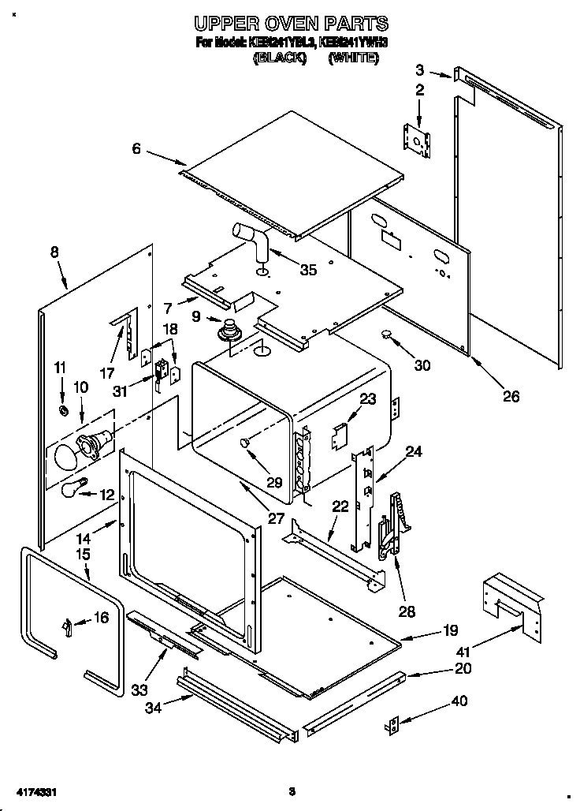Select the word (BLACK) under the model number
pos(279,58)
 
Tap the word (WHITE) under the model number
pos(353,58)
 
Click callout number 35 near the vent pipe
pos(308,270)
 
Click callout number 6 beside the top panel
pos(136,148)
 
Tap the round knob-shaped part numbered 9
pos(231,329)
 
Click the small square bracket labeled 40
pos(394,725)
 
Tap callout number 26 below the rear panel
pos(511,396)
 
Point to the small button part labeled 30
pos(388,334)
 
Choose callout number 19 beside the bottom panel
pos(451,630)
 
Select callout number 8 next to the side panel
pos(54,252)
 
